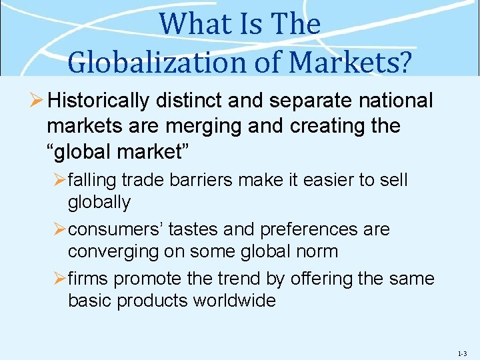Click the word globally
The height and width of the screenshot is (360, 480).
pyautogui.click(x=99, y=202)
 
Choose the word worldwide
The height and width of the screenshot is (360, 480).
pyautogui.click(x=234, y=301)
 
